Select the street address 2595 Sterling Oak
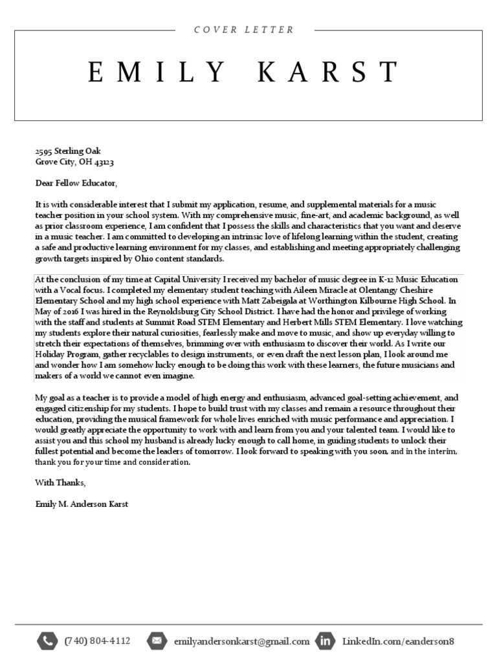click(68, 151)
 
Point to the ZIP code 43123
click(104, 162)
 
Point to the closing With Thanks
click(60, 482)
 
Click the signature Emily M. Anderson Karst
click(82, 503)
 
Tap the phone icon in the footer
click(47, 641)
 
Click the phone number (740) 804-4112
click(97, 641)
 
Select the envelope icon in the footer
click(157, 641)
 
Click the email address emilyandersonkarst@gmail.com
click(241, 641)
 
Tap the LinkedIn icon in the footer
click(326, 641)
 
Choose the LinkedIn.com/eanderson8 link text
click(398, 641)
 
